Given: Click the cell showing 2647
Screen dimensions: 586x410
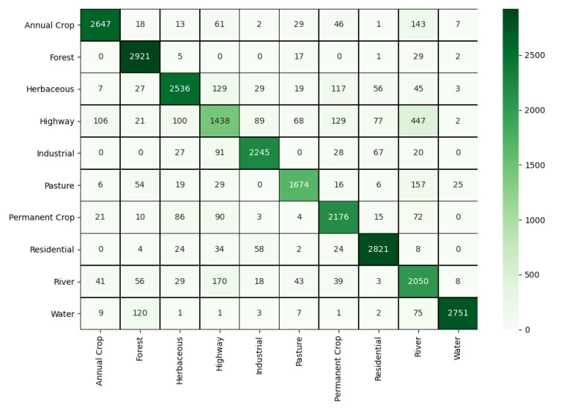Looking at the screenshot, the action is point(100,25).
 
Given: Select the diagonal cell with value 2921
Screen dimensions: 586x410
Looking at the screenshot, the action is point(139,57).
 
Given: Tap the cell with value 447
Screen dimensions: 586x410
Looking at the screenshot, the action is point(418,121).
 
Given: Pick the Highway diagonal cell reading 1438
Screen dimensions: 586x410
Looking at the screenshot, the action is point(219,121).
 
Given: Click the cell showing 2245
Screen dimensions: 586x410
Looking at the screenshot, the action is point(259,154).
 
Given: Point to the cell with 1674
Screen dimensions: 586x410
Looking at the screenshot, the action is point(299,186).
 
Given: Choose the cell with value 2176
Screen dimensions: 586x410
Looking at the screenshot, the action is point(338,217).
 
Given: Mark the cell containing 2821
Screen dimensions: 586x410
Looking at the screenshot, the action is point(378,249).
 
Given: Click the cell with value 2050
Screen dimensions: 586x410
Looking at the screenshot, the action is point(418,282).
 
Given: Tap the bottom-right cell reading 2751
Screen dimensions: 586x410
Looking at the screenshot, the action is point(458,314).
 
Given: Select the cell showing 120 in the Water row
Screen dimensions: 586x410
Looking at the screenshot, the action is point(139,314).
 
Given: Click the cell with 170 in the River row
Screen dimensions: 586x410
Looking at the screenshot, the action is point(219,282).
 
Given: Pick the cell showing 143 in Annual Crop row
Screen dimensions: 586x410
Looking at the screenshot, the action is point(418,25).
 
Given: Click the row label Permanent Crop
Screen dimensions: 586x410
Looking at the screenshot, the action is point(42,218).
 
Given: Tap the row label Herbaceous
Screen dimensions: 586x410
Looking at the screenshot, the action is point(50,89).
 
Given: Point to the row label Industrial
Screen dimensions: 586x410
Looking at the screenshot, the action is point(55,154).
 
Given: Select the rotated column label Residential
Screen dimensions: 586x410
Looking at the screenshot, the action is point(378,359).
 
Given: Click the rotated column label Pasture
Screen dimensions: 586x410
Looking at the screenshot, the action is point(299,351).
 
